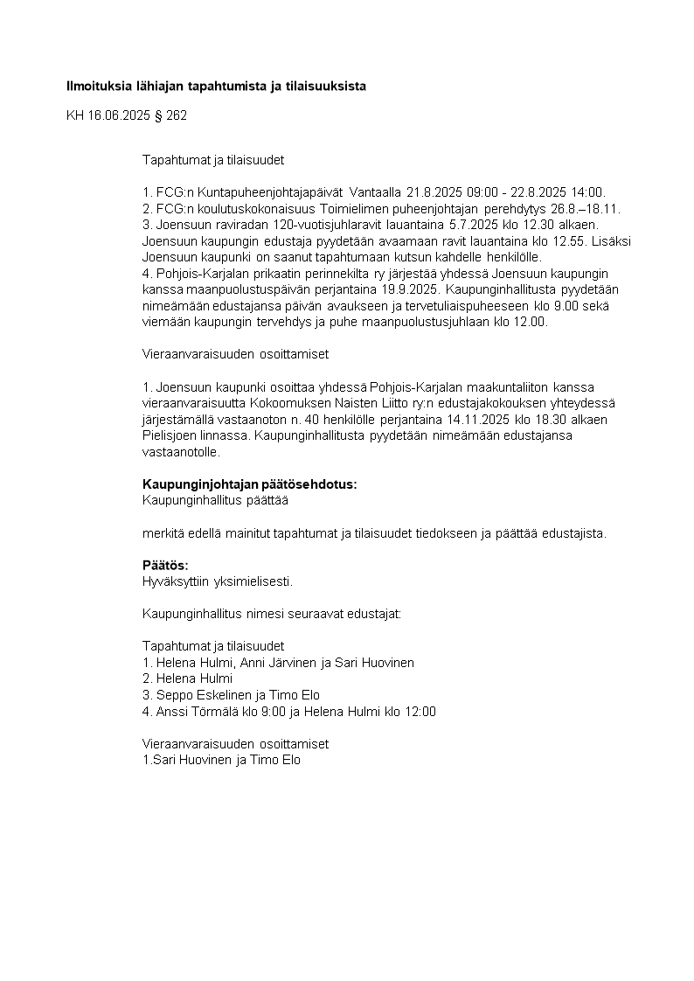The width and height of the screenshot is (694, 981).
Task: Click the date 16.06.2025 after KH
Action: tap(120, 115)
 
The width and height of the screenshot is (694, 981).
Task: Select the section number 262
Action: tap(177, 115)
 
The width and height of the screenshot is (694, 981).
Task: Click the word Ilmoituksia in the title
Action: tap(99, 87)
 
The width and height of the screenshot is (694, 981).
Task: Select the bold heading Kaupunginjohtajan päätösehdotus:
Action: tap(249, 484)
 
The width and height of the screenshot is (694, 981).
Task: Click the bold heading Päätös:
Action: tap(165, 566)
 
